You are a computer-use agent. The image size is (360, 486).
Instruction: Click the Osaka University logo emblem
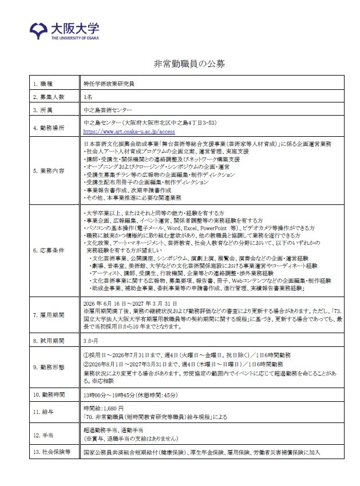pyautogui.click(x=38, y=29)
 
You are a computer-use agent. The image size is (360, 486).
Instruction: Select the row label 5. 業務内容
pyautogui.click(x=47, y=171)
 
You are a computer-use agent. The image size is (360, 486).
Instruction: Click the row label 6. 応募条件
pyautogui.click(x=47, y=251)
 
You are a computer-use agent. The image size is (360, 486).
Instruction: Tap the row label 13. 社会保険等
pyautogui.click(x=50, y=452)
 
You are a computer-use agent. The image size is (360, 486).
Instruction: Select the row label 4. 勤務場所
pyautogui.click(x=47, y=127)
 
